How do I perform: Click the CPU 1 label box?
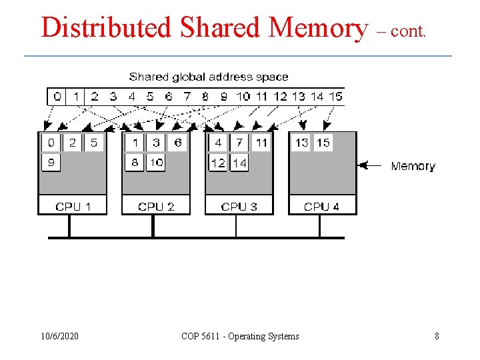click(72, 206)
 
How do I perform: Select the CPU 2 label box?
click(155, 206)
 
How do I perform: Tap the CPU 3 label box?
click(239, 206)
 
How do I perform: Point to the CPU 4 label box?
click(321, 206)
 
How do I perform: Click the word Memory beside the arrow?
click(413, 166)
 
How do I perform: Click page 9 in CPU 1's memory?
click(51, 162)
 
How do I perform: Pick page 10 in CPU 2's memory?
click(156, 162)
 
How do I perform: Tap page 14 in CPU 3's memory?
click(239, 162)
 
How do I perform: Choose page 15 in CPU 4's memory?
click(323, 143)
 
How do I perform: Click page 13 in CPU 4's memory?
click(301, 143)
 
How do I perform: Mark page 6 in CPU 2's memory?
click(177, 143)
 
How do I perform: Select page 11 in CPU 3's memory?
click(261, 143)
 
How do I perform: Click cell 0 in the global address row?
click(57, 97)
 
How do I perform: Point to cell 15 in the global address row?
click(335, 97)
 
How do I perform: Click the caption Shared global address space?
click(209, 77)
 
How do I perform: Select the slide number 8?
click(437, 336)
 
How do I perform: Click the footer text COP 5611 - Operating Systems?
click(240, 336)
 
